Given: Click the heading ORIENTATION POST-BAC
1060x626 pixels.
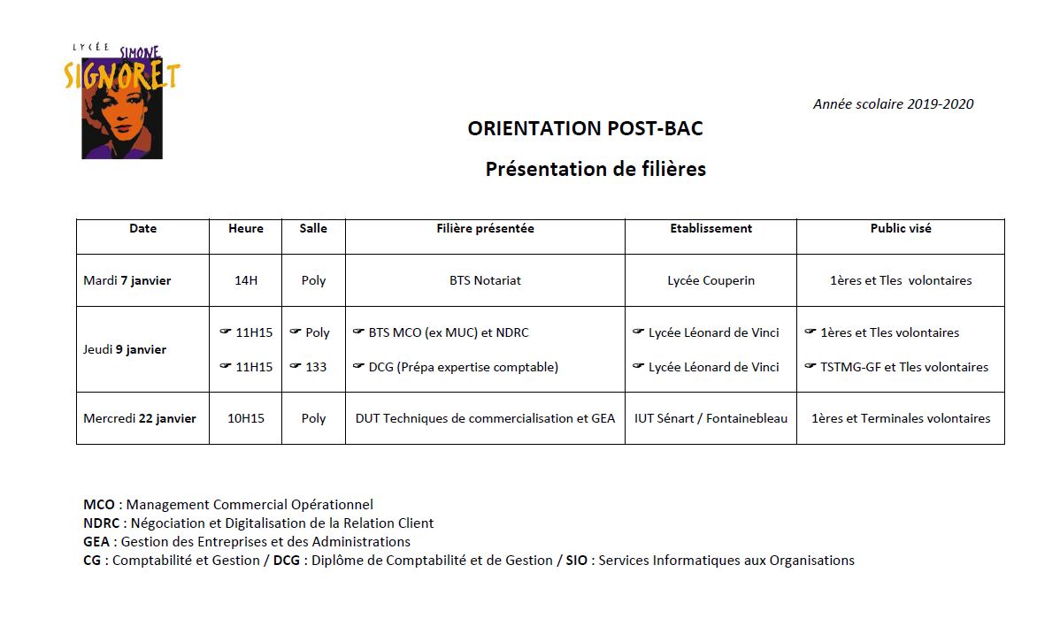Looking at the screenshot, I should pyautogui.click(x=585, y=128).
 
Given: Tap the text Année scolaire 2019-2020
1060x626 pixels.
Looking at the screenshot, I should pyautogui.click(x=893, y=104).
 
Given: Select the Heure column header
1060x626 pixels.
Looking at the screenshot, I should pyautogui.click(x=246, y=228).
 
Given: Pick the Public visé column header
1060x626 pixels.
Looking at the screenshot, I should pyautogui.click(x=900, y=228).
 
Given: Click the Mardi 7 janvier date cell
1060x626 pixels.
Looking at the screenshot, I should pyautogui.click(x=127, y=280).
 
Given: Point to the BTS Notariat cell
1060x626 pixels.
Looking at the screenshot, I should pyautogui.click(x=485, y=280).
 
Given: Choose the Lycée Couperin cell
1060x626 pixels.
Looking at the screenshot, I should pyautogui.click(x=711, y=280).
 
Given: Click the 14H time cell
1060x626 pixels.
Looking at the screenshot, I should pyautogui.click(x=246, y=280).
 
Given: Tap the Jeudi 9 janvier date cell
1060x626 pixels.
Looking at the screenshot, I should pyautogui.click(x=125, y=349).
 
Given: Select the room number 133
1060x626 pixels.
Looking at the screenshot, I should pyautogui.click(x=316, y=367).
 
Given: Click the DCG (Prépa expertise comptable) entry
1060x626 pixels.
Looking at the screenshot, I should pyautogui.click(x=463, y=367).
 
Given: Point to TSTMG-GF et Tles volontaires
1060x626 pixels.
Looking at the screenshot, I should pyautogui.click(x=904, y=367).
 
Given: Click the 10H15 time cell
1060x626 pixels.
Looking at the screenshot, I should pyautogui.click(x=246, y=418).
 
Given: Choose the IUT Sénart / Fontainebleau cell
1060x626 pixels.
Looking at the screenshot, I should pyautogui.click(x=711, y=418).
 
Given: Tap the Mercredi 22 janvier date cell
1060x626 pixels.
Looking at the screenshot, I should pyautogui.click(x=140, y=418).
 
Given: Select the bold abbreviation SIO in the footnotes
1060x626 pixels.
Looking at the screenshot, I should pyautogui.click(x=577, y=560).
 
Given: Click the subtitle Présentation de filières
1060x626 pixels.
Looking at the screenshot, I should pyautogui.click(x=595, y=169).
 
